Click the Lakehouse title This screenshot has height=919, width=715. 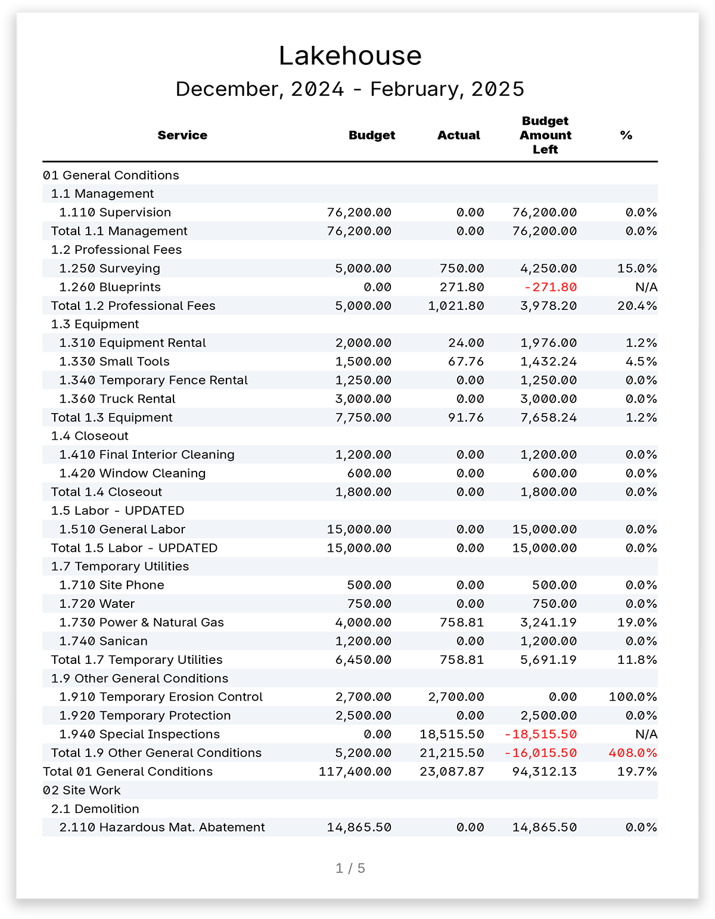350,56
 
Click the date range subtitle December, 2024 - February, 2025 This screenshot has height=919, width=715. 350,89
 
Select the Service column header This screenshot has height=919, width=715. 182,135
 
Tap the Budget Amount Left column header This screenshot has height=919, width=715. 545,135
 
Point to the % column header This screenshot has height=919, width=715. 626,135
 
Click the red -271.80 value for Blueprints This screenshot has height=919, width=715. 551,287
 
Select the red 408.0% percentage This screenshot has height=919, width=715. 633,753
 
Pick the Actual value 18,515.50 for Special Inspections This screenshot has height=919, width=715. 452,734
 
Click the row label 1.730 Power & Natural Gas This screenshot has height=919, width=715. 142,622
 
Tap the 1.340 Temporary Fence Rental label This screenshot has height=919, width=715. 154,380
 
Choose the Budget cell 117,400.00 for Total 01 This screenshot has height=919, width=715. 355,771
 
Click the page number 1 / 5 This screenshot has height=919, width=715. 350,868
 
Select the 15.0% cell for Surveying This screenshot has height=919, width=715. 637,268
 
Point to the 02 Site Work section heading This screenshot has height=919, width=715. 82,790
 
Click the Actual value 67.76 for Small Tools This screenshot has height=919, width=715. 466,362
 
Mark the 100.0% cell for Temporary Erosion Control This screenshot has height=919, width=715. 633,697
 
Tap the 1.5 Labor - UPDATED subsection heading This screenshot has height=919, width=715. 118,511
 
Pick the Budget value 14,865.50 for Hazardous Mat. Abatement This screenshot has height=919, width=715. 359,827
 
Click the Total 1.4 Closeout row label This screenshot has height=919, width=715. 107,492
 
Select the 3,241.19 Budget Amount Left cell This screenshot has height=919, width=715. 548,622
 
